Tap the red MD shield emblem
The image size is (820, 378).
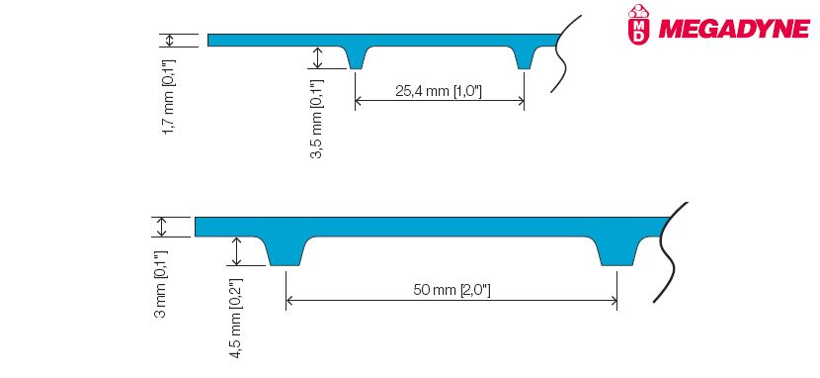637,23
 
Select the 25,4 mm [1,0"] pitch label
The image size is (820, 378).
439,91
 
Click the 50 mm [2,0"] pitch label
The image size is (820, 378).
451,290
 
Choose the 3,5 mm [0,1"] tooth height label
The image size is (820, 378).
317,119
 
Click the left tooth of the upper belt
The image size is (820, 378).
356,57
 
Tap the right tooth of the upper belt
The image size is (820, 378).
525,57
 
